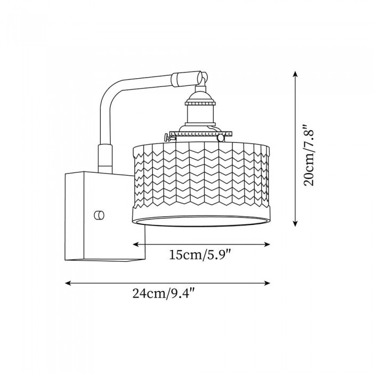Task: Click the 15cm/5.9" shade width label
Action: [x=200, y=255]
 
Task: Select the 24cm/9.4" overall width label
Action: [x=164, y=293]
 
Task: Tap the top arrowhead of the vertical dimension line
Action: [x=295, y=74]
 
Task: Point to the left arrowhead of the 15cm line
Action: [x=135, y=244]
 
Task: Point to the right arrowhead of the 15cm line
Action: [x=267, y=244]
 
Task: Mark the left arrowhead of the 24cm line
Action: [x=68, y=283]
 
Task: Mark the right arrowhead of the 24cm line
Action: [x=267, y=283]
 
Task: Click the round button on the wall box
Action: [x=99, y=215]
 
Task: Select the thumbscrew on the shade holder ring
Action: [x=168, y=137]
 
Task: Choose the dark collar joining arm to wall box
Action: [x=105, y=158]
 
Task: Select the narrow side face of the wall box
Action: [x=75, y=216]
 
